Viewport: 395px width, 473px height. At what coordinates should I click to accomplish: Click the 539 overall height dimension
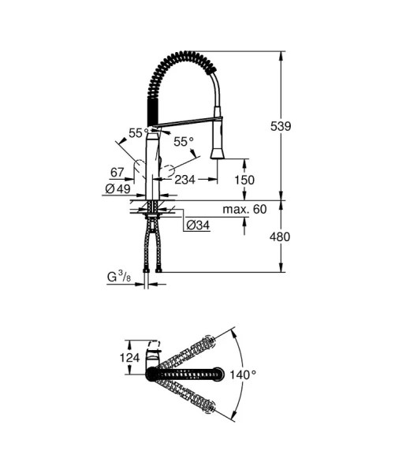click(x=303, y=126)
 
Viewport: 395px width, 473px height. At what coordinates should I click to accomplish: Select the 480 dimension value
click(x=303, y=236)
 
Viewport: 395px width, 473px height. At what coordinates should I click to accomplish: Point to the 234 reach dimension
click(x=185, y=181)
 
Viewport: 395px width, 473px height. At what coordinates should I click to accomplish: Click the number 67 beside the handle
click(x=117, y=172)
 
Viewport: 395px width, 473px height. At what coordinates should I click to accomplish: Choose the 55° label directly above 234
click(x=183, y=142)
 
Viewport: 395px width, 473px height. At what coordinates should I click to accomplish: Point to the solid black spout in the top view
click(x=189, y=373)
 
